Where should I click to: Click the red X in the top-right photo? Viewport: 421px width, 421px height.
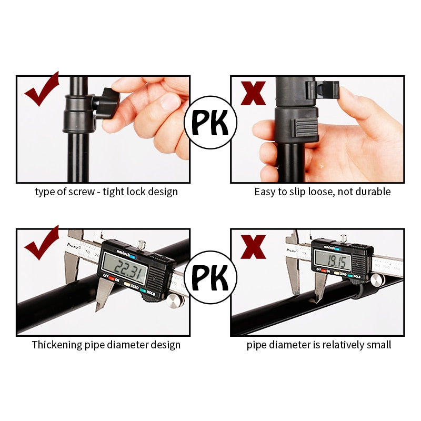[253, 93]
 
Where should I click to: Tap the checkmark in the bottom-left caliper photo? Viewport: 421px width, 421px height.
[42, 244]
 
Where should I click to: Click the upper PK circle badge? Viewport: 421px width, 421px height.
[210, 123]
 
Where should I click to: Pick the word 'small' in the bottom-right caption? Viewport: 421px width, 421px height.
[379, 345]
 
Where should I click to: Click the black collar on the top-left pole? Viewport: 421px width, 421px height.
[79, 113]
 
